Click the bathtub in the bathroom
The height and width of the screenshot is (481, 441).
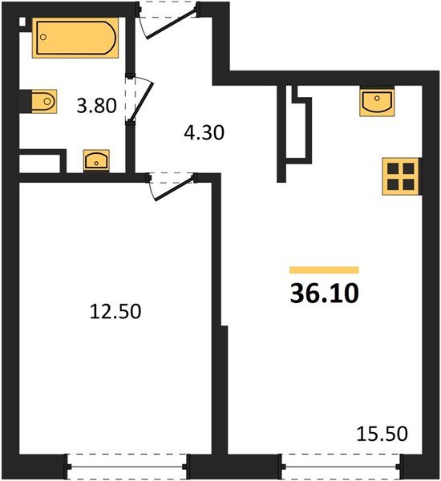click(75, 38)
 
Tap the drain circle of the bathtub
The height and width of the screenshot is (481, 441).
click(43, 37)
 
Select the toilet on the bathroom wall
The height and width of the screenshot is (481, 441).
click(44, 101)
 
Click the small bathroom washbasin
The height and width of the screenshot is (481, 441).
click(96, 160)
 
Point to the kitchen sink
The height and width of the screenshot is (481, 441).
click(377, 101)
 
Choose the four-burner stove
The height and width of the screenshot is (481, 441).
click(400, 176)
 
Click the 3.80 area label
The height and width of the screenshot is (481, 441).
click(96, 106)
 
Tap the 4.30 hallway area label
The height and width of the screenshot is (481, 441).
click(204, 133)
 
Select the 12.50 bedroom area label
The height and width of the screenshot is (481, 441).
click(115, 311)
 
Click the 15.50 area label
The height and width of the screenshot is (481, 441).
click(382, 434)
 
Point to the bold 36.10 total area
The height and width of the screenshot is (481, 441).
click(325, 293)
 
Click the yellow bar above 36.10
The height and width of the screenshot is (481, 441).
click(324, 270)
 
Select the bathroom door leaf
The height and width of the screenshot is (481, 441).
click(141, 102)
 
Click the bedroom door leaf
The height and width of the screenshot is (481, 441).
click(174, 188)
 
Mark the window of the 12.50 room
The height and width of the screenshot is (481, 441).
click(127, 467)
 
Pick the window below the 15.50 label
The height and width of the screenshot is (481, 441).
click(341, 467)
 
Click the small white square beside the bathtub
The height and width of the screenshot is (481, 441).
click(22, 22)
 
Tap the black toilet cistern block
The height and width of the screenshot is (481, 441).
click(26, 101)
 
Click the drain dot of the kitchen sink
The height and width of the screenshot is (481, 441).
click(377, 98)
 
